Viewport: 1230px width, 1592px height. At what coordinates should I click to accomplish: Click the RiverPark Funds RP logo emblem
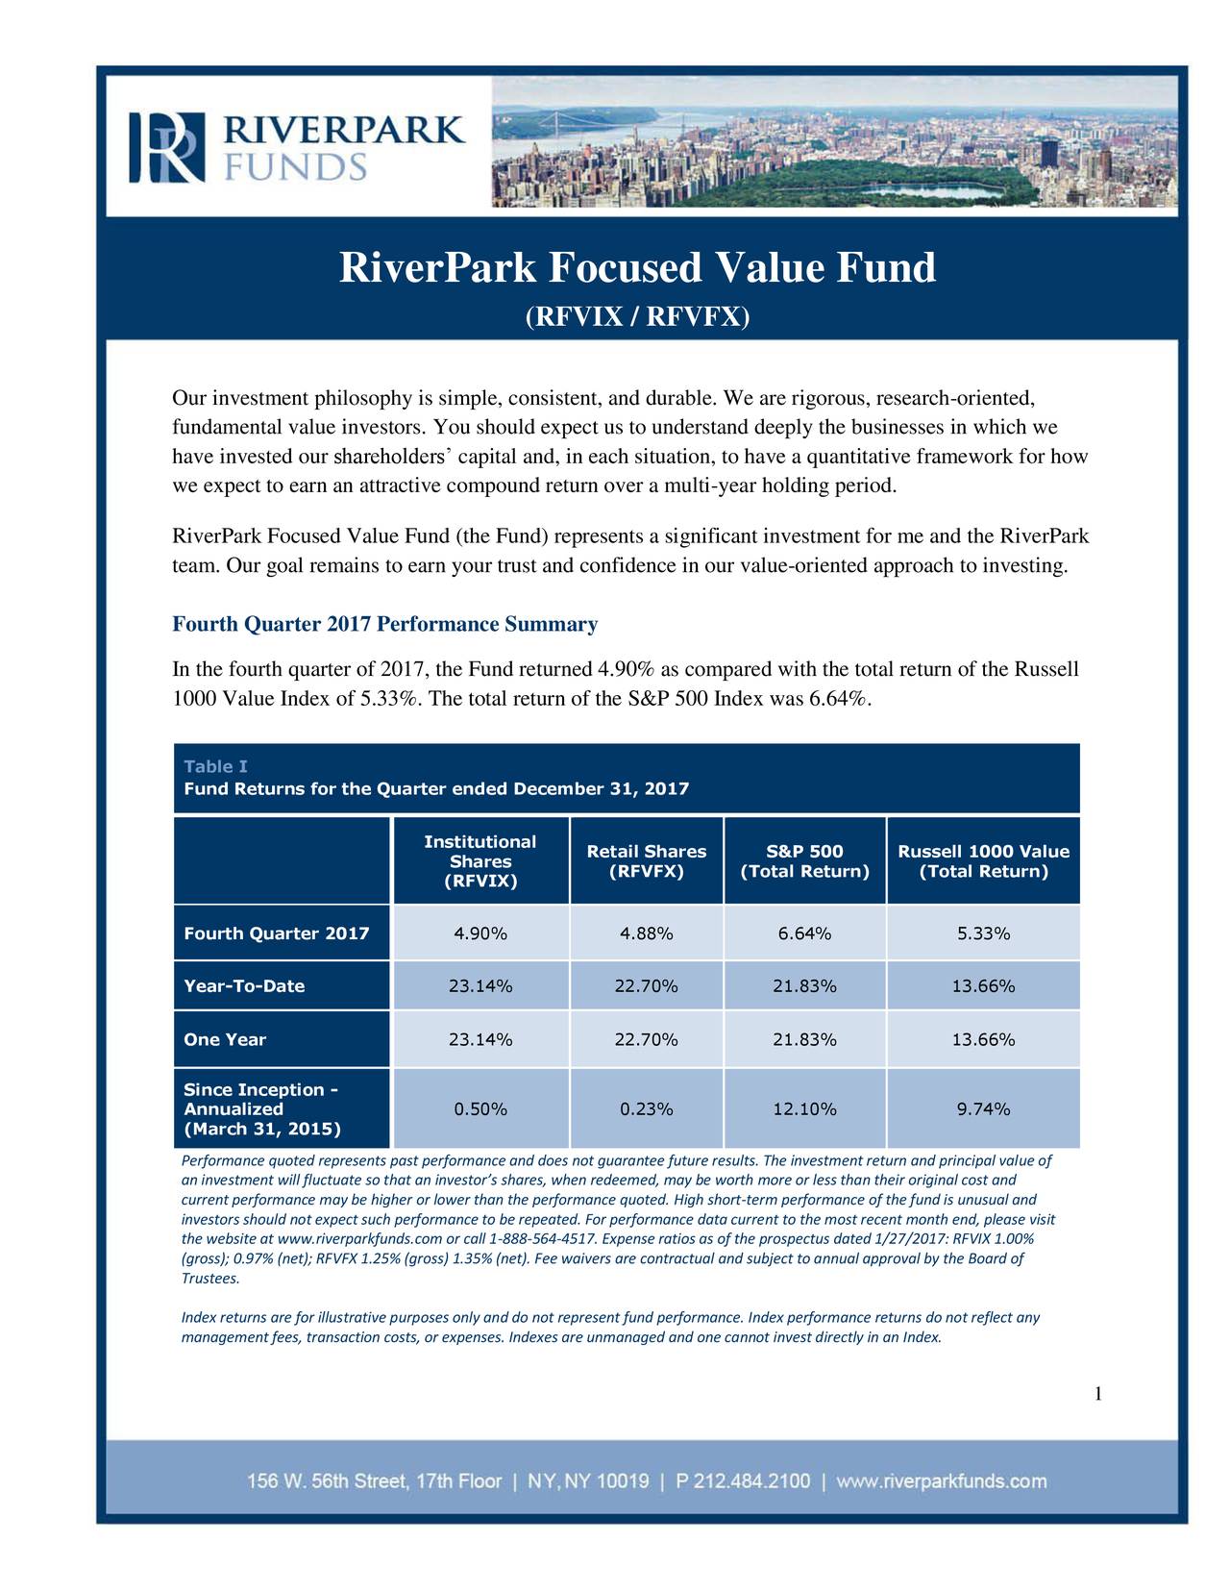point(167,147)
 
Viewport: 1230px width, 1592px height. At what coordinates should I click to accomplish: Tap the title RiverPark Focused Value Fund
point(638,267)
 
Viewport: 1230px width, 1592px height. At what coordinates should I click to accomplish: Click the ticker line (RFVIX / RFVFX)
point(638,316)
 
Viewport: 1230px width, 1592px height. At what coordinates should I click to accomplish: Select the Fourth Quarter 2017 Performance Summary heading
point(385,624)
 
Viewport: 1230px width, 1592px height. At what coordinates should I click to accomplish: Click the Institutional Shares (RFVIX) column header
point(480,861)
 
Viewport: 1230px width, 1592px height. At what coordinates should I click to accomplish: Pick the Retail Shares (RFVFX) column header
point(647,861)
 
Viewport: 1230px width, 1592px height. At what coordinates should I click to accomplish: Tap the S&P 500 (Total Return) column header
point(804,861)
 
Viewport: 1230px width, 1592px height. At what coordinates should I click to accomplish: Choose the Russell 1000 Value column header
point(983,861)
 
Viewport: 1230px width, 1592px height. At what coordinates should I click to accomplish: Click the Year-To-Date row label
point(244,986)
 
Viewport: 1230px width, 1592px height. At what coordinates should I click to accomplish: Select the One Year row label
point(225,1039)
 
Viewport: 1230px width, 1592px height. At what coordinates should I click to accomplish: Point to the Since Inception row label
point(262,1109)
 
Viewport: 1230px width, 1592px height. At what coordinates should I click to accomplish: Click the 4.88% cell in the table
point(647,933)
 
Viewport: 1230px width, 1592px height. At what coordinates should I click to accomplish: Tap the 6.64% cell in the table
point(804,933)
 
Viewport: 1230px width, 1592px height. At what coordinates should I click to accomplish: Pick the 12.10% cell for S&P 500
point(804,1109)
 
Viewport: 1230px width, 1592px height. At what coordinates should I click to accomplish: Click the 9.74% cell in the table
point(983,1109)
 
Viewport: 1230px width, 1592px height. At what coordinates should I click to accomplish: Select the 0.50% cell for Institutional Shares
point(480,1109)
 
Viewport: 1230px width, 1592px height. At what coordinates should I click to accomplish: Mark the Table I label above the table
point(215,766)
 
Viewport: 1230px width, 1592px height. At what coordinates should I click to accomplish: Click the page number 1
point(1098,1394)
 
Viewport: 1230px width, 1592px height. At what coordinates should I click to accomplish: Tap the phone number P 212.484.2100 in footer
point(743,1481)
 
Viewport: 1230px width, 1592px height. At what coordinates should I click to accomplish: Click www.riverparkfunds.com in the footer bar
point(941,1481)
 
